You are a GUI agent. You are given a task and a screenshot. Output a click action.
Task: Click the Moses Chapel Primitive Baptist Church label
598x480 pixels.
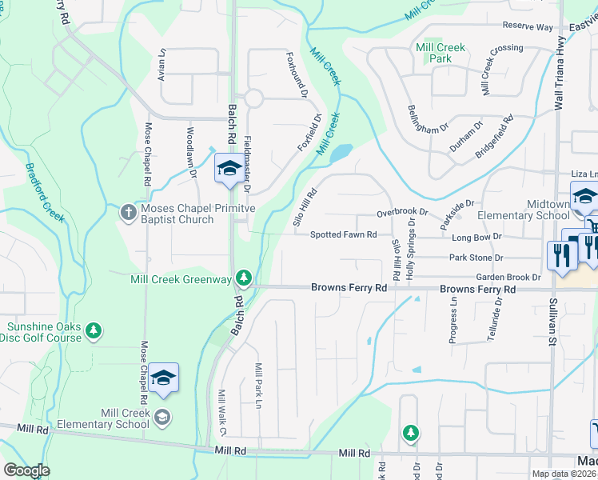(x=177, y=214)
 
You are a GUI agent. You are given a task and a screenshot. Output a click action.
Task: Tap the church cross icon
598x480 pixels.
(x=128, y=213)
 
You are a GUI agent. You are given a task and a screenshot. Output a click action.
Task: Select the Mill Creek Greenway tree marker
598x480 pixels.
(x=244, y=279)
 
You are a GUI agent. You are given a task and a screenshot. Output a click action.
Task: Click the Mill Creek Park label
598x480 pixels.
(x=440, y=53)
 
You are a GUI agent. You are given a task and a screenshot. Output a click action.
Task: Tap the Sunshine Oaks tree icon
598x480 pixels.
(x=94, y=330)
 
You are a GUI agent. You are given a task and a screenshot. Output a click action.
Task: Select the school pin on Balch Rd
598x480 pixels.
(x=229, y=170)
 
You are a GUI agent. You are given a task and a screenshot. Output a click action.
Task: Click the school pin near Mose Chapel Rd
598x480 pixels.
(x=163, y=378)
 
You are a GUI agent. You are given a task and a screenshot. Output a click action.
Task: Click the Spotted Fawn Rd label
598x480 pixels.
(x=343, y=235)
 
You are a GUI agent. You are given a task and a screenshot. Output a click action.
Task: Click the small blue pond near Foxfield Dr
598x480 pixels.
(x=341, y=152)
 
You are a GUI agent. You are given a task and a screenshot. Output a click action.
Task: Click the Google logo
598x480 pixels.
(x=26, y=470)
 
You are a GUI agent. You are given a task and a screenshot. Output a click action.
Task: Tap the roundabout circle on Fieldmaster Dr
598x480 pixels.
(x=253, y=98)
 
